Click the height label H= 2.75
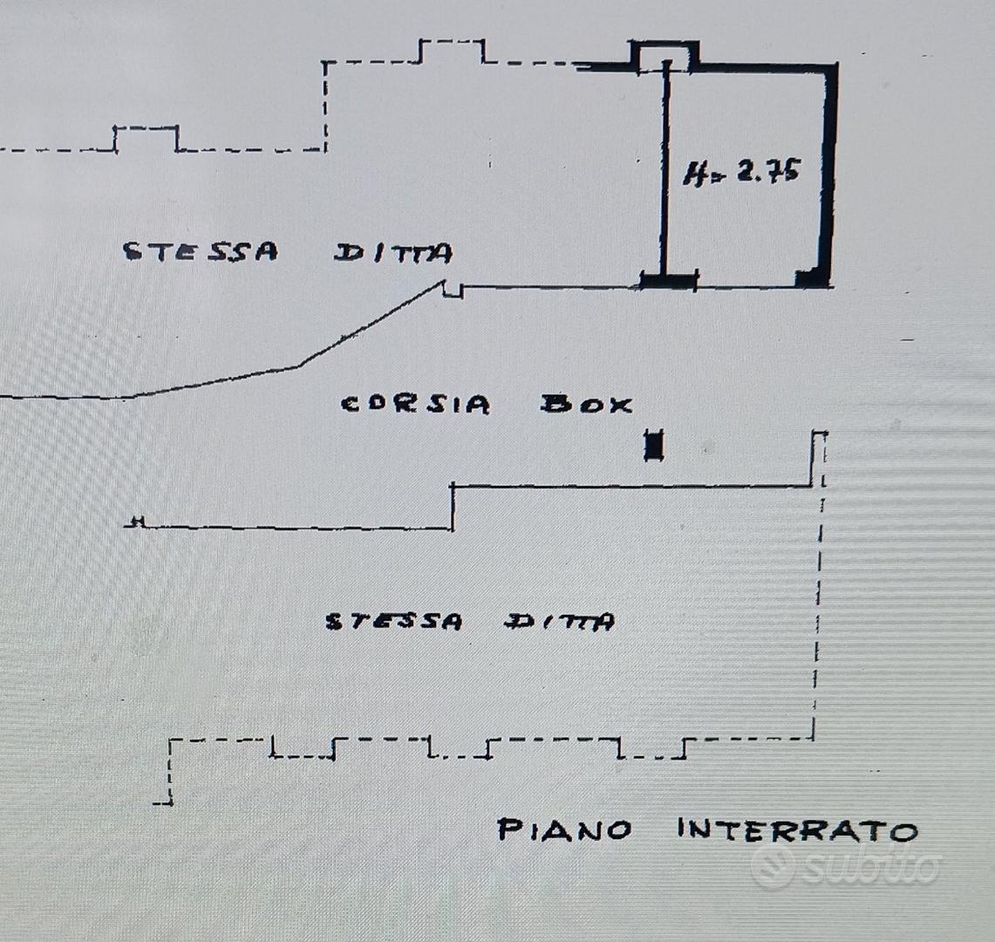tap(741, 172)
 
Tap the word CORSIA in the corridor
tap(415, 405)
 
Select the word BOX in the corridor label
tap(586, 405)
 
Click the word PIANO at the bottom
tap(564, 829)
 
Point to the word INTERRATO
tap(798, 829)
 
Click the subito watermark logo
tap(846, 865)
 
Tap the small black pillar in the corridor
tap(654, 445)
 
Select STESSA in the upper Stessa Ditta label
tap(201, 251)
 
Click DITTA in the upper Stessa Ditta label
tap(393, 253)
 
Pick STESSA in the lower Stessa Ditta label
tap(394, 621)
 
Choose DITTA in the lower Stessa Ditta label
tap(560, 621)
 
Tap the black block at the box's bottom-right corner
tap(811, 278)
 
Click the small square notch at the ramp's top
tap(453, 290)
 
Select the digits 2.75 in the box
tap(767, 171)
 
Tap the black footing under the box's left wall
tap(669, 280)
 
